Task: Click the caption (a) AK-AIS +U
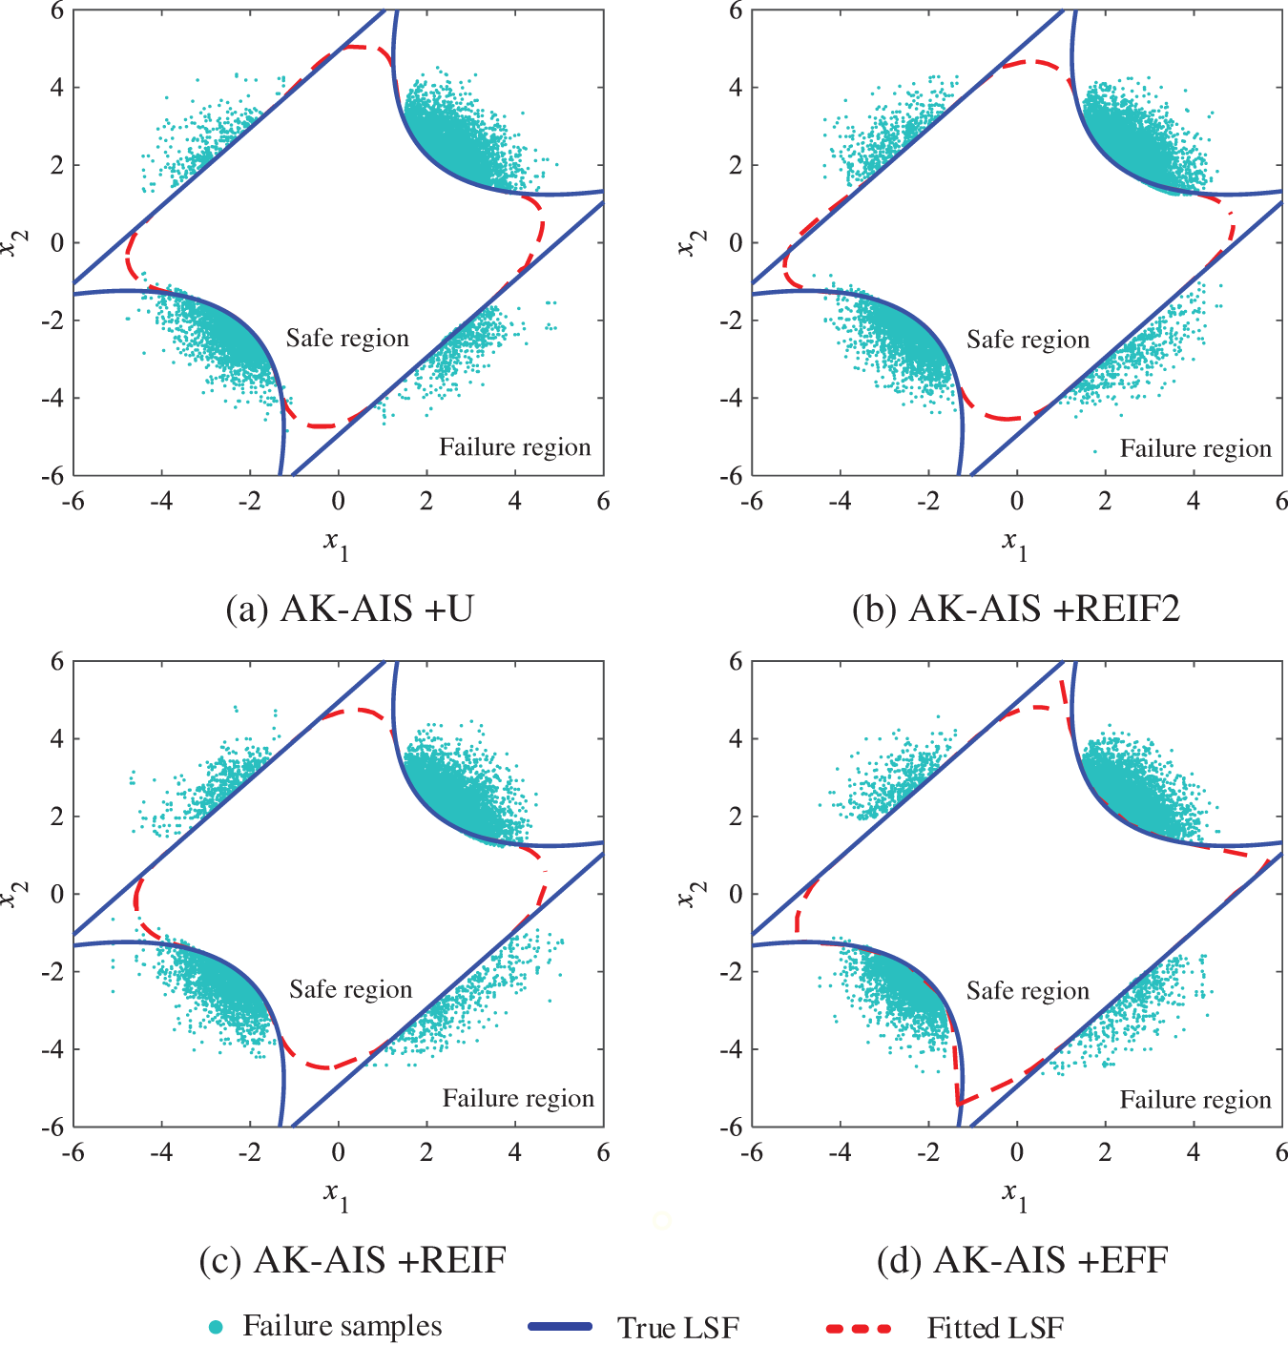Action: coord(349,609)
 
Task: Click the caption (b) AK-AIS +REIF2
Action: coord(1016,609)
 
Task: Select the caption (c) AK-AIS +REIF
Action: coord(352,1260)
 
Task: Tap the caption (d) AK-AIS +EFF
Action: coord(1023,1260)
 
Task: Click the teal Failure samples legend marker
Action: coord(217,1327)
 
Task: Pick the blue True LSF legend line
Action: coord(560,1327)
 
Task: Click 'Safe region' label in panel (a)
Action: coord(347,339)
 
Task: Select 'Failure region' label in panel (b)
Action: coord(1195,448)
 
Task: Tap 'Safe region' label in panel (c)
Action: coord(350,990)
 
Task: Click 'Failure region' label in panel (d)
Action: coord(1195,1100)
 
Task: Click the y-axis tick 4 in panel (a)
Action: coord(57,87)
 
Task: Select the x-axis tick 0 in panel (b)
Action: coord(1017,502)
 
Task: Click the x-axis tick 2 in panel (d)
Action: coord(1105,1152)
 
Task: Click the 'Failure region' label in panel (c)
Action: coord(518,1099)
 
